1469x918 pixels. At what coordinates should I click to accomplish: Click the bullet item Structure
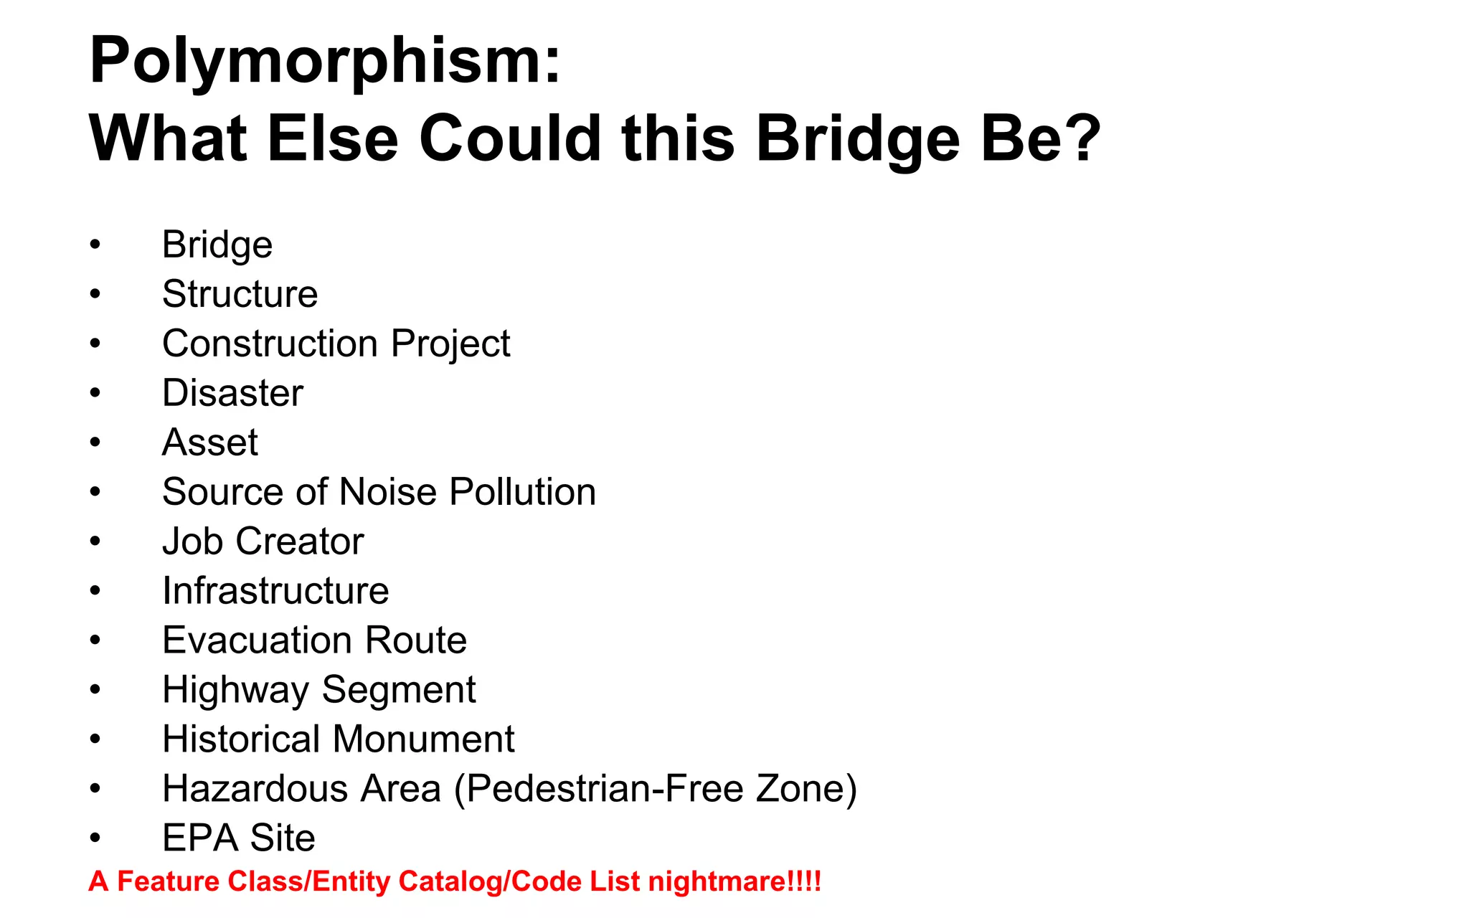(x=240, y=294)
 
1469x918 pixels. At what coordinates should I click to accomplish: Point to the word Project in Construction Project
(x=450, y=344)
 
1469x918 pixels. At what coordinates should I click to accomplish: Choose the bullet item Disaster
(x=232, y=393)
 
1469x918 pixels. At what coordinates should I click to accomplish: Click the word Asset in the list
(x=209, y=443)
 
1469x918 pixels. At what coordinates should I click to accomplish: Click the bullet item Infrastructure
(x=275, y=591)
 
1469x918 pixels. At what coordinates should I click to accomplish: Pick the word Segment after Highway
(x=398, y=690)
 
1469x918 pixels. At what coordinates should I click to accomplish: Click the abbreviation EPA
(x=199, y=838)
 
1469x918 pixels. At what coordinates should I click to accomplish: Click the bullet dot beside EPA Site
(x=95, y=838)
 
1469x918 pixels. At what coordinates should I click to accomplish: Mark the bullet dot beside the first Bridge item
(x=95, y=245)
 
